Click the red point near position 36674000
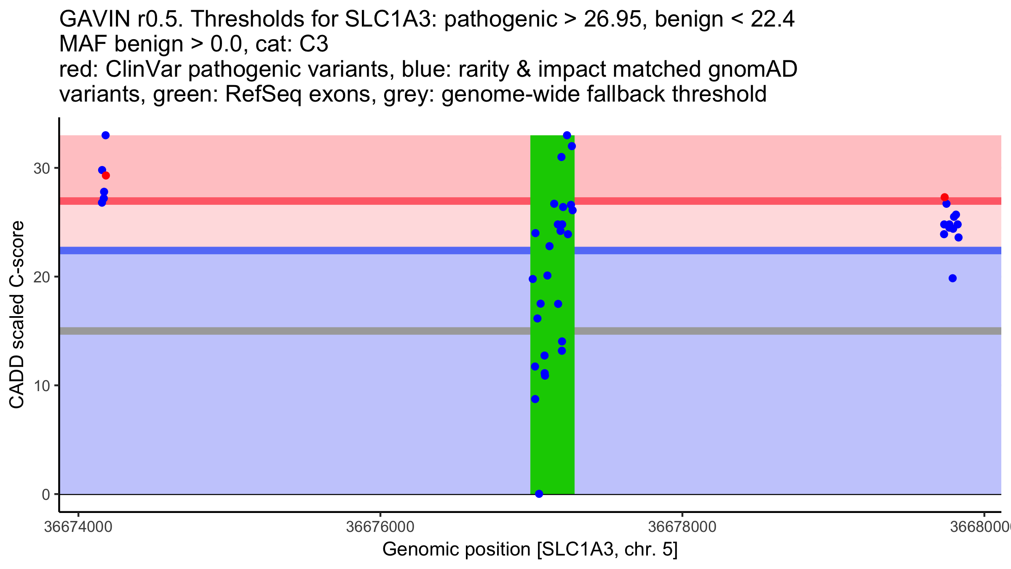click(106, 175)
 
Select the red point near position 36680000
click(945, 197)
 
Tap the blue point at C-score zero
click(539, 494)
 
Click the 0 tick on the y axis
click(46, 494)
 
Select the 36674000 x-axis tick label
click(78, 527)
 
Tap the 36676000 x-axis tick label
click(380, 527)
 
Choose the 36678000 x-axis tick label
click(682, 527)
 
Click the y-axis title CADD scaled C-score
click(17, 315)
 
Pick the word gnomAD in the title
click(752, 69)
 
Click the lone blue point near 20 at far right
click(953, 278)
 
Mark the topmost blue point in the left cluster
click(106, 135)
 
